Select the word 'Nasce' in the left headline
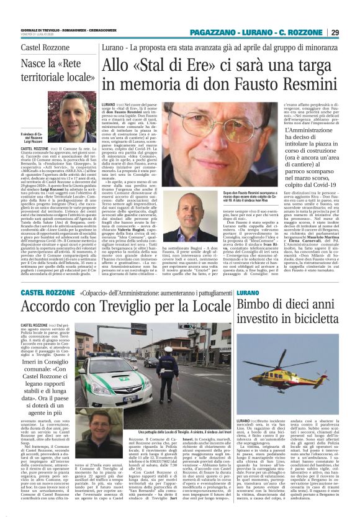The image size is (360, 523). [37, 65]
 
